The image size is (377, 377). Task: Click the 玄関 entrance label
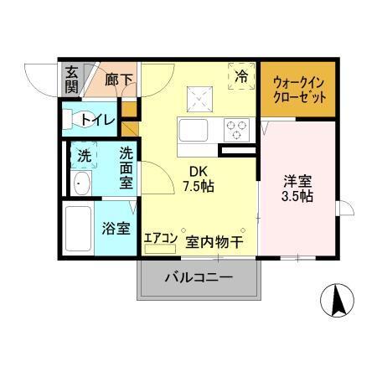click(x=72, y=80)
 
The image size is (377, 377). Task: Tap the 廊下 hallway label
click(x=120, y=80)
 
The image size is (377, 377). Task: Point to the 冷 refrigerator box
click(x=241, y=75)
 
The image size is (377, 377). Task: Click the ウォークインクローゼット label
click(x=297, y=89)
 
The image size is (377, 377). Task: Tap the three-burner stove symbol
click(x=237, y=131)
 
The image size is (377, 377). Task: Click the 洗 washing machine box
click(x=84, y=156)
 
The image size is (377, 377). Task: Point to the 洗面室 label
click(x=127, y=168)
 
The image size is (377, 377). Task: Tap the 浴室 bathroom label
click(x=116, y=227)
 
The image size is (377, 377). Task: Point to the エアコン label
click(x=160, y=238)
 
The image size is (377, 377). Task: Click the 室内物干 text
click(x=214, y=242)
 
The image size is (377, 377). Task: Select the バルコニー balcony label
click(x=198, y=276)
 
